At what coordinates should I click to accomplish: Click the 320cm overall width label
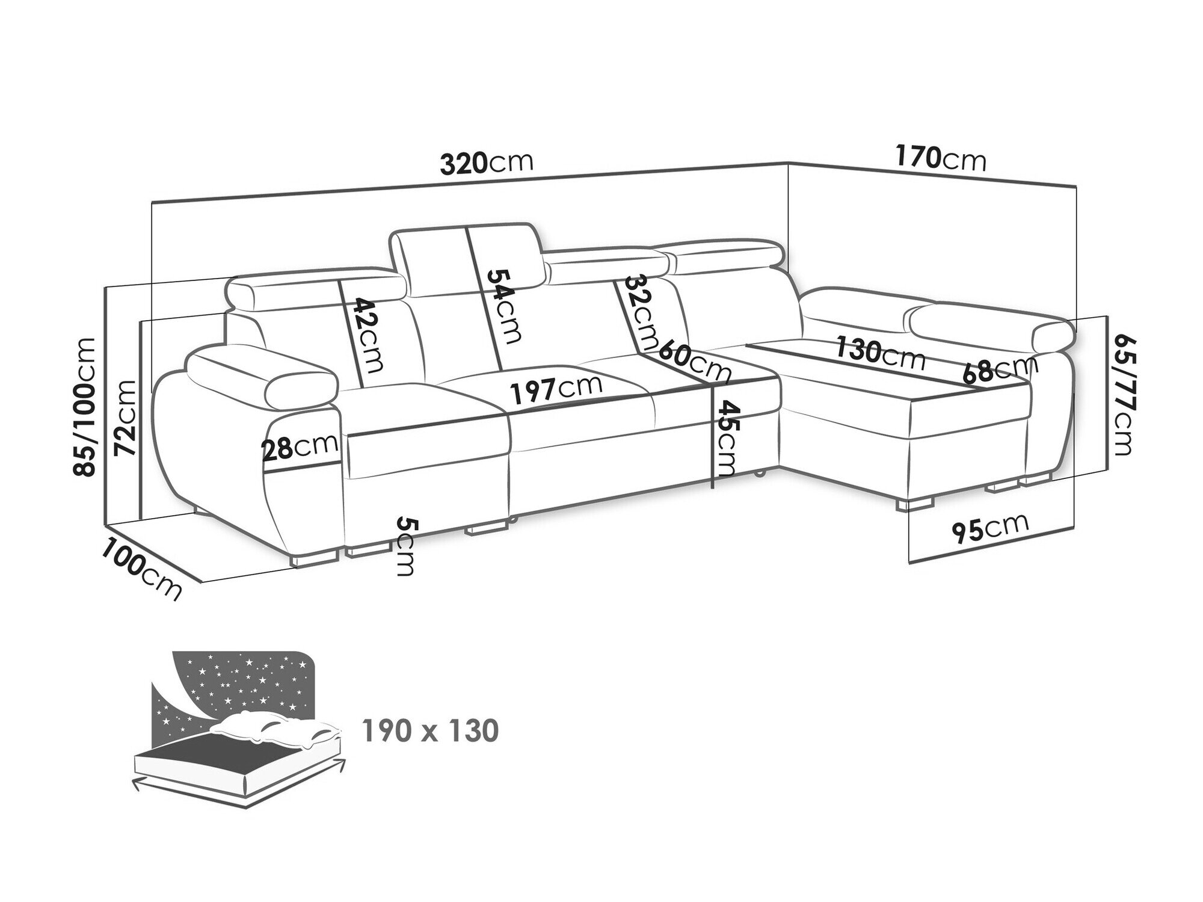click(487, 162)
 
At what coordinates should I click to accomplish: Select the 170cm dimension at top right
click(941, 159)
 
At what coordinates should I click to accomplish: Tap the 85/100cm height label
click(84, 407)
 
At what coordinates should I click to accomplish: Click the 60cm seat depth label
click(695, 362)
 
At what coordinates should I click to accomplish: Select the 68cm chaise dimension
click(1000, 370)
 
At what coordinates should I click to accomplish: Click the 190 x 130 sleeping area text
click(431, 731)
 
